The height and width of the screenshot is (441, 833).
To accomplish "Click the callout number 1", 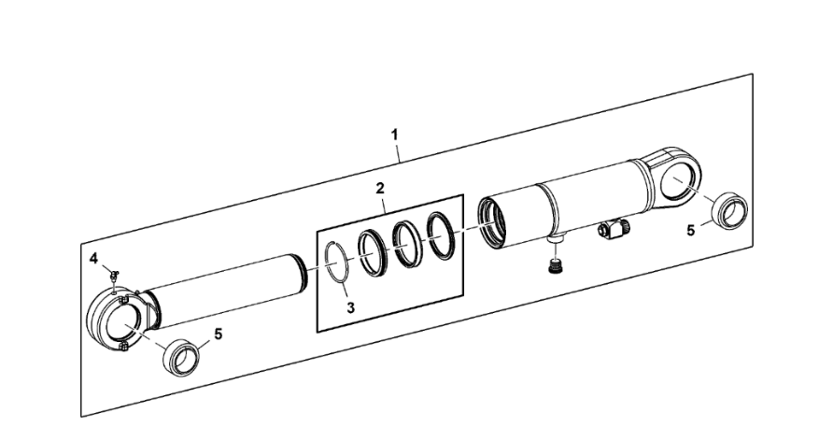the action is [x=395, y=135].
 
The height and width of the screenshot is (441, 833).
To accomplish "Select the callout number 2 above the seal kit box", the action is [x=380, y=188].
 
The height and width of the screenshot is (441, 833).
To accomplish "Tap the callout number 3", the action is [x=350, y=307].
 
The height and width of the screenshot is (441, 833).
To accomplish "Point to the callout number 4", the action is [x=94, y=259].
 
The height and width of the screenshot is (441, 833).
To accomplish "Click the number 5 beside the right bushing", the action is [x=691, y=231].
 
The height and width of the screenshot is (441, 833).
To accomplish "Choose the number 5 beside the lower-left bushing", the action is [x=218, y=334].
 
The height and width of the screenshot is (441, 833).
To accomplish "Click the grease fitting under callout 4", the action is [x=114, y=275].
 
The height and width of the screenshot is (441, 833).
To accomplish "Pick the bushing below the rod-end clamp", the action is [x=181, y=358].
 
